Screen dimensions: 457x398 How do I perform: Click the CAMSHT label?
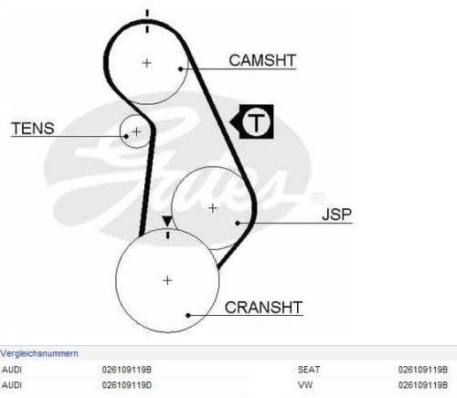pyautogui.click(x=262, y=60)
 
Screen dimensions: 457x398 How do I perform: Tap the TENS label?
pyautogui.click(x=33, y=128)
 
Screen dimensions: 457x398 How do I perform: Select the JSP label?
pyautogui.click(x=336, y=215)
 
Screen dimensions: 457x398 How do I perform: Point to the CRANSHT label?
pyautogui.click(x=263, y=308)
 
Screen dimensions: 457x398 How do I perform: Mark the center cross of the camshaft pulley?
pyautogui.click(x=147, y=63)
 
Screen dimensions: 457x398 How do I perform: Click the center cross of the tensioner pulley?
pyautogui.click(x=136, y=131)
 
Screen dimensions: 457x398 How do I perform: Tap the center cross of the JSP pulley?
pyautogui.click(x=213, y=208)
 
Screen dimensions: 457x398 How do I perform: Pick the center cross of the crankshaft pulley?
pyautogui.click(x=167, y=280)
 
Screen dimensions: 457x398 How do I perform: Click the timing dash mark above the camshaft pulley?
pyautogui.click(x=147, y=21)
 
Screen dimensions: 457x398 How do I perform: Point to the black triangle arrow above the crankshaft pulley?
pyautogui.click(x=167, y=221)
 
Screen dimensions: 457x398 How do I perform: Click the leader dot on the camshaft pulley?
pyautogui.click(x=181, y=69)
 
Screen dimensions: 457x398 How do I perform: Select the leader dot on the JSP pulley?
pyautogui.click(x=238, y=223)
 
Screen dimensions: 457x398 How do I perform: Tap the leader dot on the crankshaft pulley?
pyautogui.click(x=188, y=315)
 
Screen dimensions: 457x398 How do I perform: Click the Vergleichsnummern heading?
pyautogui.click(x=39, y=353)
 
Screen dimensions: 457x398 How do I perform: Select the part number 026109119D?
pyautogui.click(x=127, y=385)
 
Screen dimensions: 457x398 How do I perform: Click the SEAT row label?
pyautogui.click(x=309, y=370)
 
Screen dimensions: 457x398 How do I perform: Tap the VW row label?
pyautogui.click(x=305, y=385)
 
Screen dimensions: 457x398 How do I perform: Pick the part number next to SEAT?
pyautogui.click(x=423, y=370)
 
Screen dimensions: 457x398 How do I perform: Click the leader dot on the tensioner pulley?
pyautogui.click(x=126, y=136)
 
